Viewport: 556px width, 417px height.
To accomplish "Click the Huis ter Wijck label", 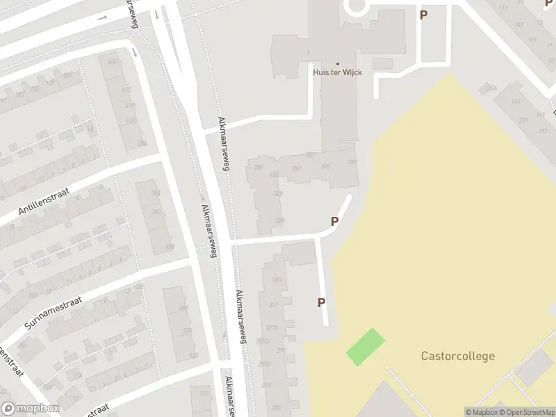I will pos(338,72).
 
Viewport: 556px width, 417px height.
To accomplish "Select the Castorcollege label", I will pos(457,357).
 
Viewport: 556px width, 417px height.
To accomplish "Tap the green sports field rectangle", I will pos(366,347).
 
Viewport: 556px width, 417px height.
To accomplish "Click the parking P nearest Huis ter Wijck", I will pos(423,15).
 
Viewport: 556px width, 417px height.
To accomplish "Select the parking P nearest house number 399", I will pos(335,222).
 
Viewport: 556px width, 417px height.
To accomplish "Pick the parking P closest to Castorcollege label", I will pos(322,302).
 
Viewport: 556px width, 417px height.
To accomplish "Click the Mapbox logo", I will pos(31,409).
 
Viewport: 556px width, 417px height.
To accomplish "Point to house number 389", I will pos(259,167).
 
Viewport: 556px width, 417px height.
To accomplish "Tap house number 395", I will pos(325,166).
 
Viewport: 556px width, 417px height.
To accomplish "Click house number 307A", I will pos(272,328).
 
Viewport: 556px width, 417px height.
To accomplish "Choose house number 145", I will pos(515,101).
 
